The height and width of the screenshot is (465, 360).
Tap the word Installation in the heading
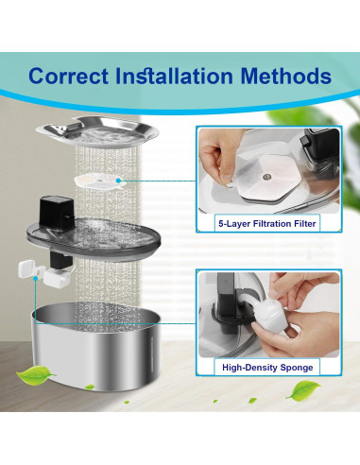183,75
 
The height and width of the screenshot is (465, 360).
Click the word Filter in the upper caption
303,225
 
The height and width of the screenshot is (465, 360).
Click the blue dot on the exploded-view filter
118,180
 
